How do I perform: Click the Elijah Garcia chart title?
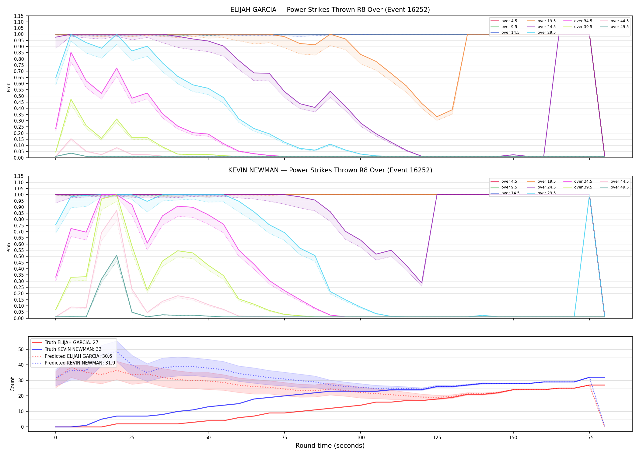point(330,10)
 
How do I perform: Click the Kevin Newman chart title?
point(330,170)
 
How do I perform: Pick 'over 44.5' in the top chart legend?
point(620,21)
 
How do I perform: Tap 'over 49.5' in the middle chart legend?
point(620,187)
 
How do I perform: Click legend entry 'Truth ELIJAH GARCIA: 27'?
point(72,343)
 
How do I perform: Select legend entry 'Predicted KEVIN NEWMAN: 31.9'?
point(80,363)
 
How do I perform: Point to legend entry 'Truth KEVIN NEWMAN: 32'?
point(73,349)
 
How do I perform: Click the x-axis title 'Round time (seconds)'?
point(330,446)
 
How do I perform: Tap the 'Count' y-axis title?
point(12,384)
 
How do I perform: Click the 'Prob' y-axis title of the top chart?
point(9,87)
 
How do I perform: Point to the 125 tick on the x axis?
point(437,438)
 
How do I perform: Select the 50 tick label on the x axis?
point(208,438)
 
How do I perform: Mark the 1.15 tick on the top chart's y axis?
point(19,16)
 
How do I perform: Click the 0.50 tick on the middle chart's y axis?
point(19,256)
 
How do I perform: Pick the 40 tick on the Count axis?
point(21,365)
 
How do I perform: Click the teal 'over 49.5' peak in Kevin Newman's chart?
point(117,255)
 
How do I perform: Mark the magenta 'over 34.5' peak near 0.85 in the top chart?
point(71,52)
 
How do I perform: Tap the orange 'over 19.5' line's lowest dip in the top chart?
point(437,117)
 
